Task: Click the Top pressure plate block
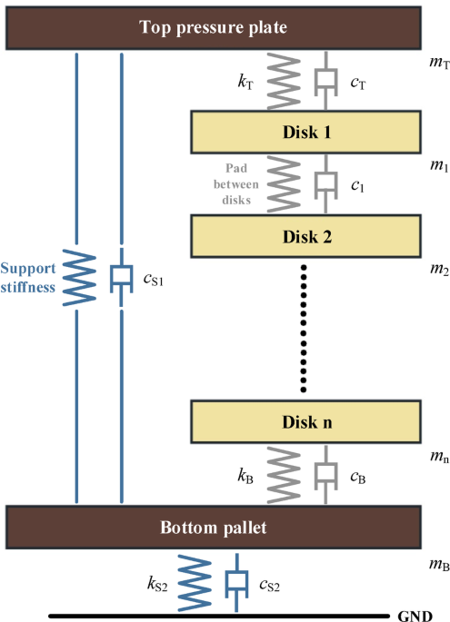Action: coord(213,27)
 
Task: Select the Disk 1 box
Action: coord(305,132)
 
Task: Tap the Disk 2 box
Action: coord(305,237)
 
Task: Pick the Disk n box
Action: coord(305,421)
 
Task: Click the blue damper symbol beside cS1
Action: coord(121,276)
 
